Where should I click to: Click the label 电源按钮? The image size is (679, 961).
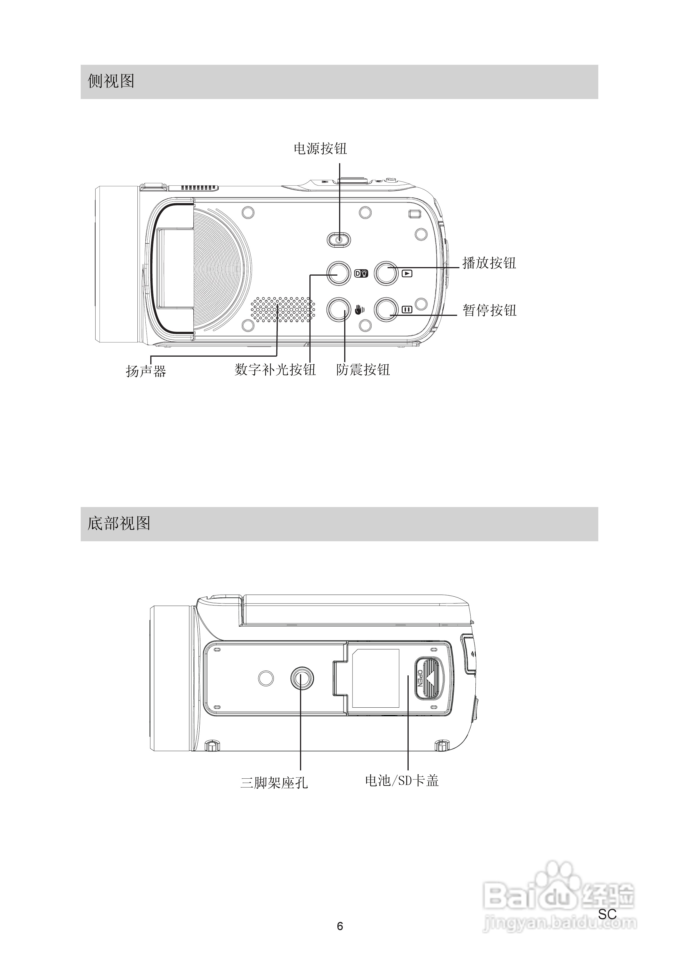tap(321, 149)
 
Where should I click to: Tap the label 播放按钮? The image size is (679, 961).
tap(489, 263)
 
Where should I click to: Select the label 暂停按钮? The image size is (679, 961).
tap(489, 310)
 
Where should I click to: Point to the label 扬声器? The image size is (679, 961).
tap(146, 371)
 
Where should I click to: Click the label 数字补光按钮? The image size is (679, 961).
tap(275, 370)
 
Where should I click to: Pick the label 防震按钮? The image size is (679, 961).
tap(363, 370)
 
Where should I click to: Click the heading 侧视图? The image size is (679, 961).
tap(111, 81)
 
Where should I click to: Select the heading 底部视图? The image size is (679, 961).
tap(119, 523)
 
